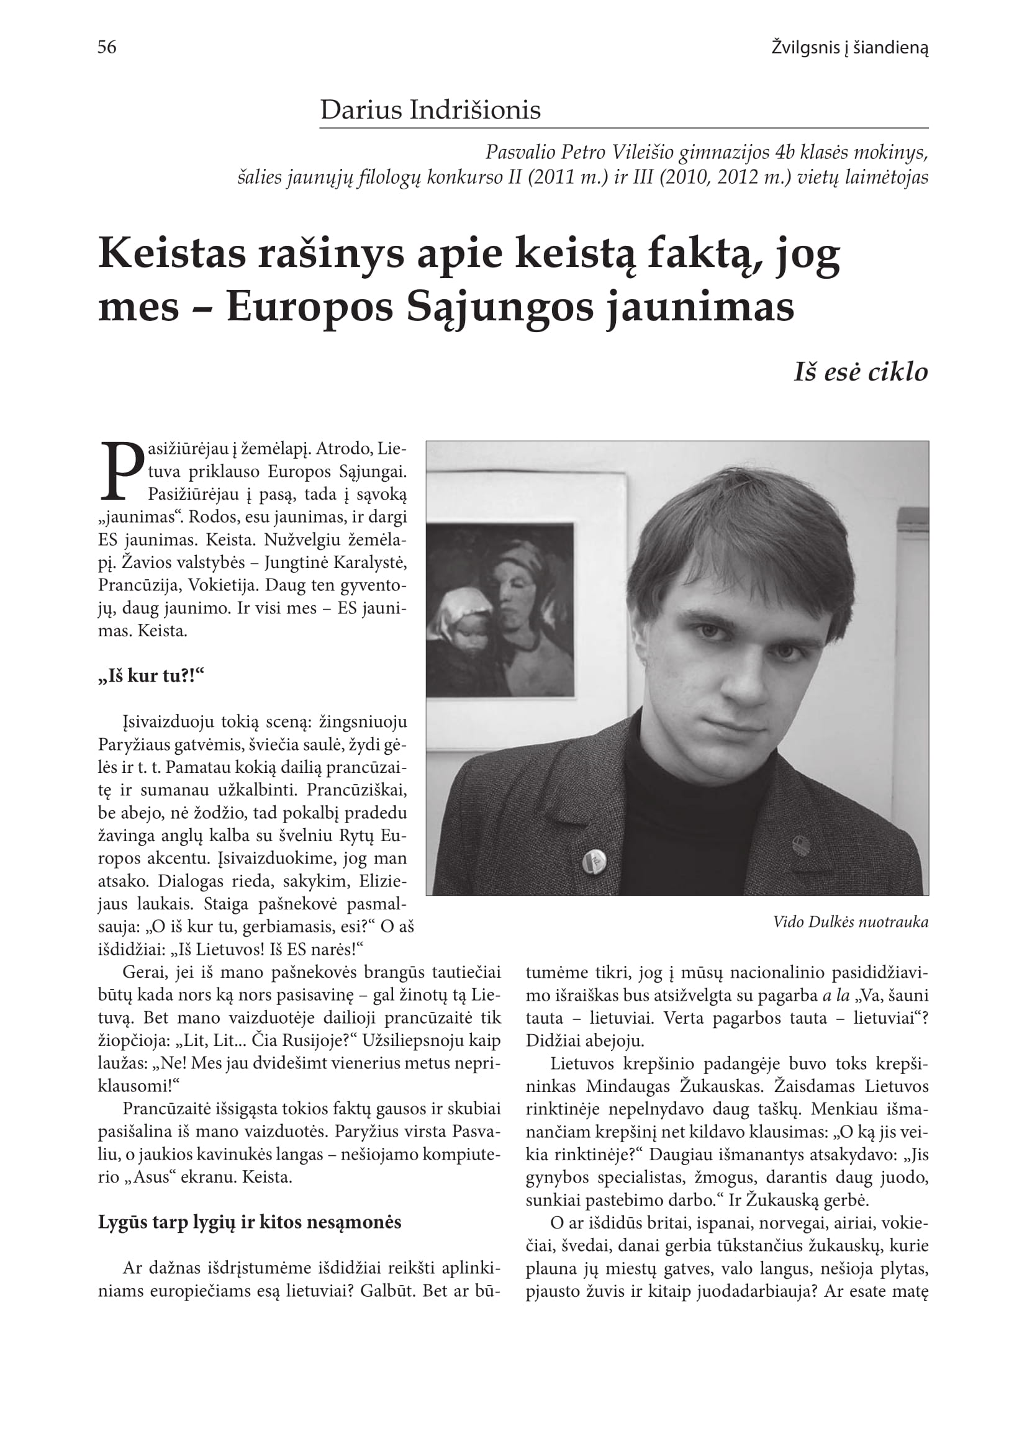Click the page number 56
[107, 47]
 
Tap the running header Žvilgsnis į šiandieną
[849, 47]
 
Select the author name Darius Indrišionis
[430, 110]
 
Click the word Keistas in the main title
[172, 253]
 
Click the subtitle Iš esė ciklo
[861, 372]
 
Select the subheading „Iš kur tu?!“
[151, 676]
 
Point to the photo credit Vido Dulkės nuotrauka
[851, 922]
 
